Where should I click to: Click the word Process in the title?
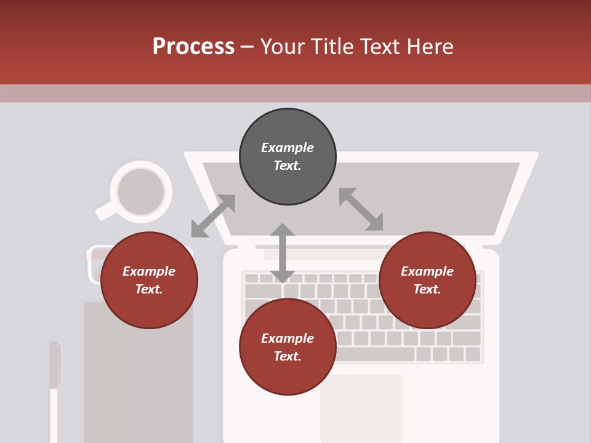coord(193,47)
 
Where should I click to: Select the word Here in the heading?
coord(431,47)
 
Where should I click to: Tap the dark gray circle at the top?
coord(287,157)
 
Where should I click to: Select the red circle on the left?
coord(149,280)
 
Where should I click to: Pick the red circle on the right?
coord(427,280)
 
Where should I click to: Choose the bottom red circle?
coord(287,347)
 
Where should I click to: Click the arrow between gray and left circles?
coord(213,216)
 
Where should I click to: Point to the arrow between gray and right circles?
coord(361,209)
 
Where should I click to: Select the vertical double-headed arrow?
coord(283,253)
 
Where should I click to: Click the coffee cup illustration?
coord(141,191)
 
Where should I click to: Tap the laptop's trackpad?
coord(361,406)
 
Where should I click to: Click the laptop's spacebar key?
coord(376,354)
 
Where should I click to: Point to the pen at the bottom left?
coord(54,388)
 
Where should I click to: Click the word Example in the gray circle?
coord(287,148)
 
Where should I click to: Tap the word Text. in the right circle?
coord(427,289)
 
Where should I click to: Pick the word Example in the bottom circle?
coord(287,338)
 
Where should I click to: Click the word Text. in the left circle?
coord(149,289)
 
